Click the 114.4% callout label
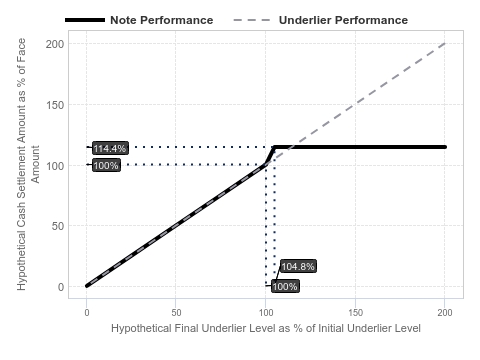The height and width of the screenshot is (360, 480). tap(110, 148)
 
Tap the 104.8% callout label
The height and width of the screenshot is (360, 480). tap(298, 266)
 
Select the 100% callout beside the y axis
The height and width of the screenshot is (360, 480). tap(106, 165)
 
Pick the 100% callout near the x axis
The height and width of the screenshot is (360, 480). tap(285, 286)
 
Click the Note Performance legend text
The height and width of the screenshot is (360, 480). tap(162, 20)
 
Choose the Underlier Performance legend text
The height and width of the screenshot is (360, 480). tap(343, 20)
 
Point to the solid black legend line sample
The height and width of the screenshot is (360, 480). tap(85, 20)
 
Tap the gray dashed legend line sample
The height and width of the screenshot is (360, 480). tap(252, 20)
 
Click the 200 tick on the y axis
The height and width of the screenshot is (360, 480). tap(55, 44)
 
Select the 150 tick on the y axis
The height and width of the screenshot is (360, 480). tap(55, 105)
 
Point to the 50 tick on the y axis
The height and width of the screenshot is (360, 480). tap(58, 226)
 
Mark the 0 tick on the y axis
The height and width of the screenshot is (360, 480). tap(61, 287)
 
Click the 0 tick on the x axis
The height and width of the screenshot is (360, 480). tap(87, 313)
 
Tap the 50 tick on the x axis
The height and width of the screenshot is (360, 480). tap(176, 313)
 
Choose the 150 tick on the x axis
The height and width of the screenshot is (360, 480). tap(356, 313)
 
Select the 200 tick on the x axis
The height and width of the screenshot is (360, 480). tap(445, 313)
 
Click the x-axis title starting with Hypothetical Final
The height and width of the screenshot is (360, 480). tap(266, 328)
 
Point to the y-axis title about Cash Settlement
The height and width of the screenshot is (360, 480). tap(28, 164)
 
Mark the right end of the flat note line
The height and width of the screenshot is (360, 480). tap(445, 147)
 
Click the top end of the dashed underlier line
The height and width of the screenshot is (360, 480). tap(445, 43)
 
